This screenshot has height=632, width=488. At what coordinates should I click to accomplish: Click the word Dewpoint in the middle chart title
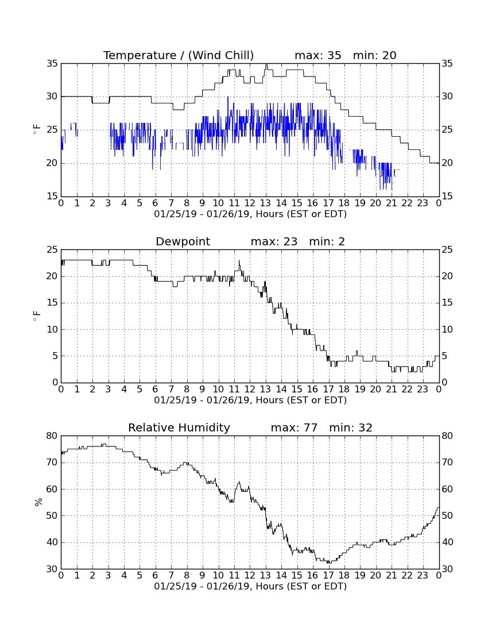pyautogui.click(x=183, y=242)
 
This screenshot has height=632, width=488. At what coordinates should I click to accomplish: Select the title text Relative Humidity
pyautogui.click(x=179, y=427)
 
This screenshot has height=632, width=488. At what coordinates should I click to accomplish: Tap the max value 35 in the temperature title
pyautogui.click(x=334, y=56)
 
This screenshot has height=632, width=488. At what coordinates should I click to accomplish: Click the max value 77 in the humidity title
pyautogui.click(x=311, y=427)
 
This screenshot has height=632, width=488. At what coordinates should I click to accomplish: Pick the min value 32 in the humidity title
pyautogui.click(x=365, y=427)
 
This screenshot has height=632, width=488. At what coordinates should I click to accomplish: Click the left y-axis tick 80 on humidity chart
pyautogui.click(x=52, y=436)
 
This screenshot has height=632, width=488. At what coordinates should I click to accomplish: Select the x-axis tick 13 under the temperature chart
pyautogui.click(x=265, y=203)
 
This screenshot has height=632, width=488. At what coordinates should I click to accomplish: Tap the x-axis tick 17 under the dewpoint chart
pyautogui.click(x=328, y=390)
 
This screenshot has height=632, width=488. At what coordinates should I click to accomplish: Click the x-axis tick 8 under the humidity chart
pyautogui.click(x=187, y=576)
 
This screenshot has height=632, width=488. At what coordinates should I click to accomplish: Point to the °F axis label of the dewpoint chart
pyautogui.click(x=37, y=315)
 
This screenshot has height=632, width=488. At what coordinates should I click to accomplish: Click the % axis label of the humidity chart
pyautogui.click(x=38, y=502)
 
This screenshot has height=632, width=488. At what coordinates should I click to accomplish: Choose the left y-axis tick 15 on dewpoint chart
pyautogui.click(x=52, y=303)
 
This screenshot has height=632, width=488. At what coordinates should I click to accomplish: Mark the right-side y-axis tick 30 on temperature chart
pyautogui.click(x=447, y=97)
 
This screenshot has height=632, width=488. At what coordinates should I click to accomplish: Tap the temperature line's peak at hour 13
pyautogui.click(x=266, y=64)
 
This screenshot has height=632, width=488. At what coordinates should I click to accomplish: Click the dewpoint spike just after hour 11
pyautogui.click(x=239, y=261)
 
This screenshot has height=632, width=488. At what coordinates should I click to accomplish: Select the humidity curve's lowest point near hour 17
pyautogui.click(x=328, y=562)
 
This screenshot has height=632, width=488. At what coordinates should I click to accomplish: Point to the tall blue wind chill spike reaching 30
pyautogui.click(x=228, y=97)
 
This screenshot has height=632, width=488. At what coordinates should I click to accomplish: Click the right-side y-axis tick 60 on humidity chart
pyautogui.click(x=447, y=489)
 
